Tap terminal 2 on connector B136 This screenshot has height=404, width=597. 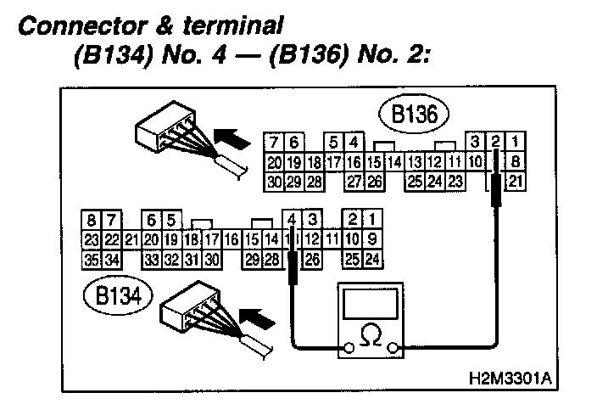[496, 143]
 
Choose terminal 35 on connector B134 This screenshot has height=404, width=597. [89, 258]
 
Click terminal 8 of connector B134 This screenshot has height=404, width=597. [89, 222]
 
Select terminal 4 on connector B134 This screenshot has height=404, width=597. [293, 222]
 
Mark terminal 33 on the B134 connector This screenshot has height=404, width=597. [152, 258]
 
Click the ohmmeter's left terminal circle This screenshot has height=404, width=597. [346, 347]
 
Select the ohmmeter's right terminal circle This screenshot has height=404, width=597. [393, 347]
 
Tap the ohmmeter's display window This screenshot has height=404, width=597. [370, 302]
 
